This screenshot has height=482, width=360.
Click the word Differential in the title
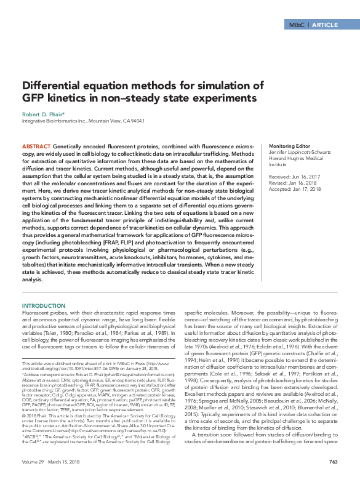(51, 86)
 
